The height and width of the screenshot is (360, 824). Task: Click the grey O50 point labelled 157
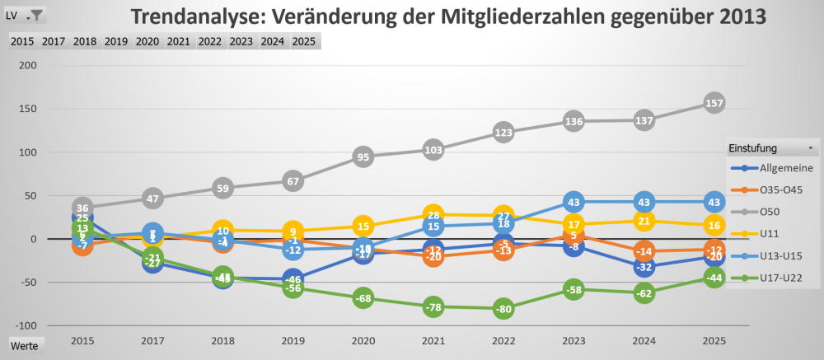pyautogui.click(x=714, y=103)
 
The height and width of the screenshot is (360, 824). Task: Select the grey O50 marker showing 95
pyautogui.click(x=363, y=157)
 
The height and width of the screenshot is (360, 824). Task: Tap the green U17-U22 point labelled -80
pyautogui.click(x=504, y=309)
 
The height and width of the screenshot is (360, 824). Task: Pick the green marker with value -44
pyautogui.click(x=714, y=278)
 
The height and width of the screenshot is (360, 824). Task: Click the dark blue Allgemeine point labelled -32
pyautogui.click(x=644, y=267)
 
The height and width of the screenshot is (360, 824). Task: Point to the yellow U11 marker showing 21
pyautogui.click(x=644, y=221)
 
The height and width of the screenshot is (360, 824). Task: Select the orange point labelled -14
pyautogui.click(x=644, y=251)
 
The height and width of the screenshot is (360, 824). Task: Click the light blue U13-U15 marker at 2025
pyautogui.click(x=714, y=202)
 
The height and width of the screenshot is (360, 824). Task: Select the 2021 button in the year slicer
pyautogui.click(x=178, y=41)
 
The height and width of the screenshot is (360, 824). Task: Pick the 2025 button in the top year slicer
pyautogui.click(x=304, y=41)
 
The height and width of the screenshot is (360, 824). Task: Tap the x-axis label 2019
pyautogui.click(x=293, y=339)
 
